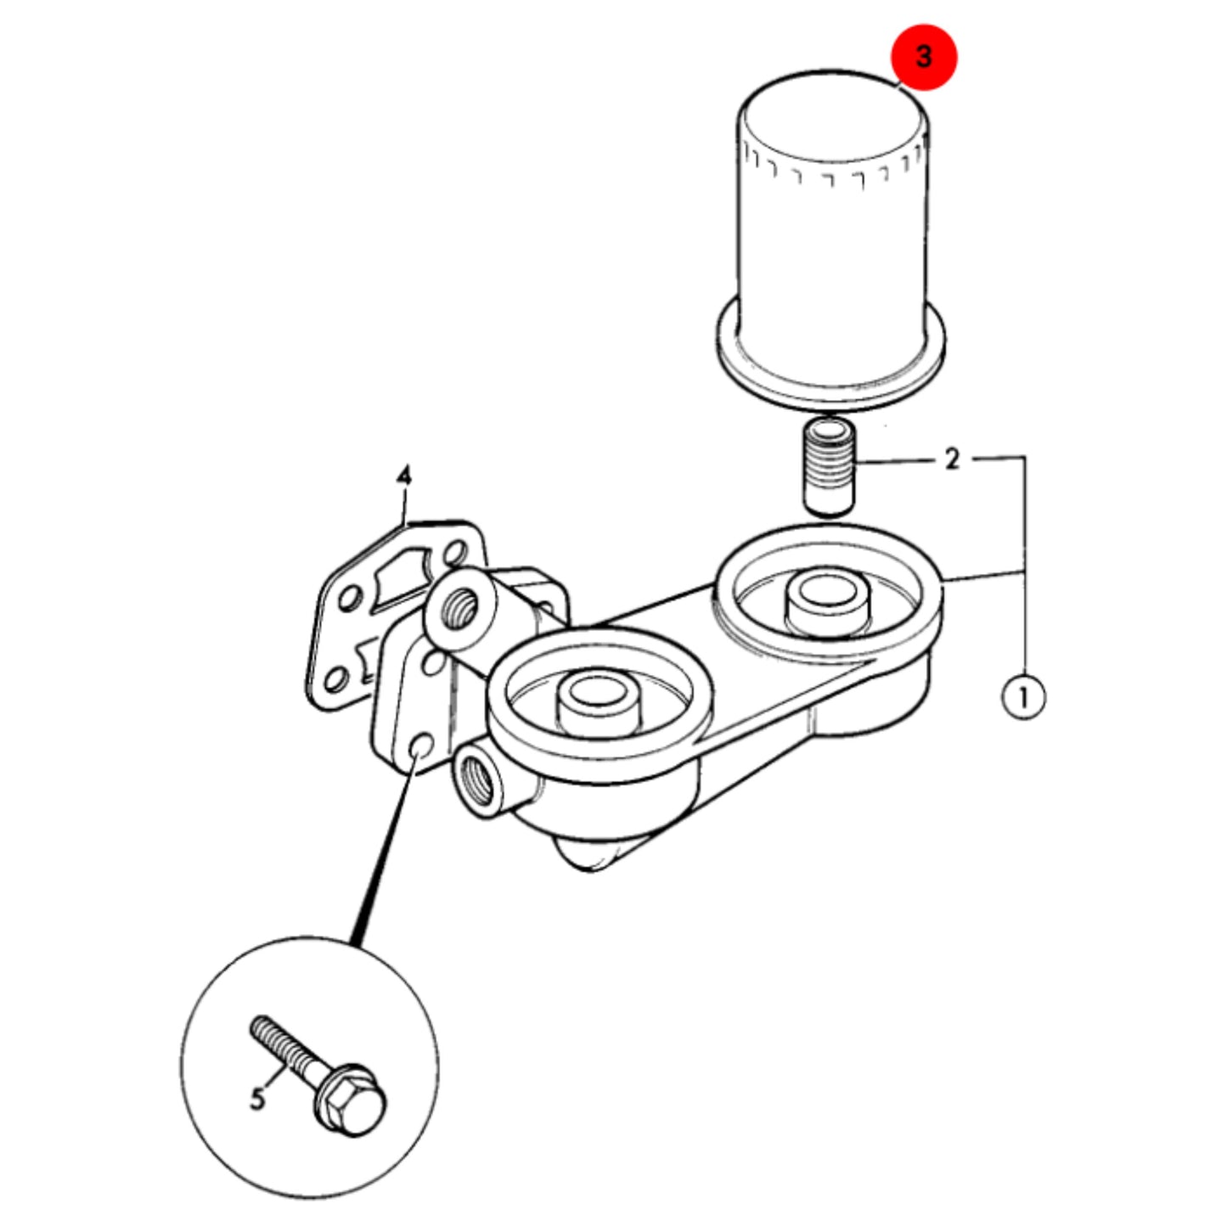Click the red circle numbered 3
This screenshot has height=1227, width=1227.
pyautogui.click(x=923, y=57)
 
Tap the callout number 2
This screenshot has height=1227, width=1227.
pyautogui.click(x=952, y=459)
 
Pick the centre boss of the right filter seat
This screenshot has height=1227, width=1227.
pyautogui.click(x=826, y=605)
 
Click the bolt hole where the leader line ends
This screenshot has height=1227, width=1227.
pyautogui.click(x=420, y=747)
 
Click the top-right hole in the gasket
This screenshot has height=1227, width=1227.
pyautogui.click(x=454, y=552)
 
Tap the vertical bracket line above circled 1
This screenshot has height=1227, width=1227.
pyautogui.click(x=1024, y=566)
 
